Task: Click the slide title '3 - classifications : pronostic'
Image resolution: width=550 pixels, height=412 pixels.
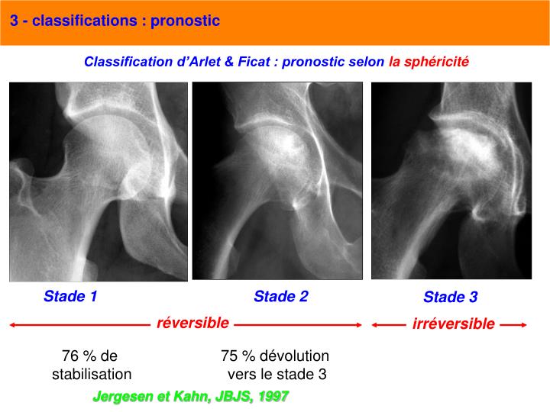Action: point(115,21)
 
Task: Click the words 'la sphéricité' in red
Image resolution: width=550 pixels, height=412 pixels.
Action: point(429,61)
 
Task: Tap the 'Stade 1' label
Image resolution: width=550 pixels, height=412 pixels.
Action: point(70,296)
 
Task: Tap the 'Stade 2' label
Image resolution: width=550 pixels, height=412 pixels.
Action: point(280,296)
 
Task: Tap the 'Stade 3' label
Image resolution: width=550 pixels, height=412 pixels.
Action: point(451,297)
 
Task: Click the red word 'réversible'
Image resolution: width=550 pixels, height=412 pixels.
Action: point(192,323)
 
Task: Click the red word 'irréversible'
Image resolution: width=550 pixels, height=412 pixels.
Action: point(453,324)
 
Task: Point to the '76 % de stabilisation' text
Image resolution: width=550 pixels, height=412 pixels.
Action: point(91,365)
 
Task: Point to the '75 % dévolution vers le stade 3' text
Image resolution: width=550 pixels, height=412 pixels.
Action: point(275,365)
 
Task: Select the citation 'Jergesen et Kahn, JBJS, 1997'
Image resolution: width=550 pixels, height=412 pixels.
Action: point(190,397)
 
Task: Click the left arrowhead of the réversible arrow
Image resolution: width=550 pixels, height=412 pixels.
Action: point(13,325)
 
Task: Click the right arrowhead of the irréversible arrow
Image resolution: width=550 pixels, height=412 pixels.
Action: point(523,325)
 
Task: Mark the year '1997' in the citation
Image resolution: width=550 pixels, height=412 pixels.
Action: point(273,397)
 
